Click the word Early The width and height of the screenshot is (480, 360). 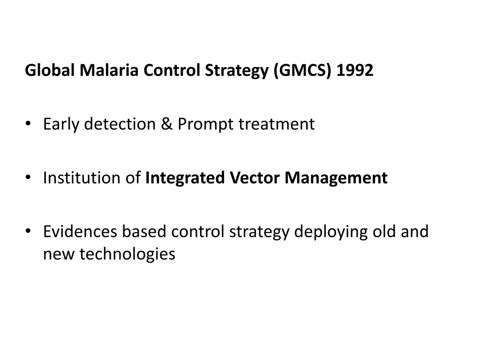click(62, 124)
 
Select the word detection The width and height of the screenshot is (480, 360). click(120, 124)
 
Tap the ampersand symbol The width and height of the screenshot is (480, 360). click(166, 124)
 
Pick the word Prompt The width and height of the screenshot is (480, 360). click(206, 124)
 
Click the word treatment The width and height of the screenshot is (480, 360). click(277, 124)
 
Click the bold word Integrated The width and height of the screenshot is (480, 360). click(186, 178)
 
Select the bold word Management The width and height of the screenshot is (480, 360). click(337, 178)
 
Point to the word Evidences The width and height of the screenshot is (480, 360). click(80, 232)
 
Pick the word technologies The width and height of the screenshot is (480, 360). click(127, 254)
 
